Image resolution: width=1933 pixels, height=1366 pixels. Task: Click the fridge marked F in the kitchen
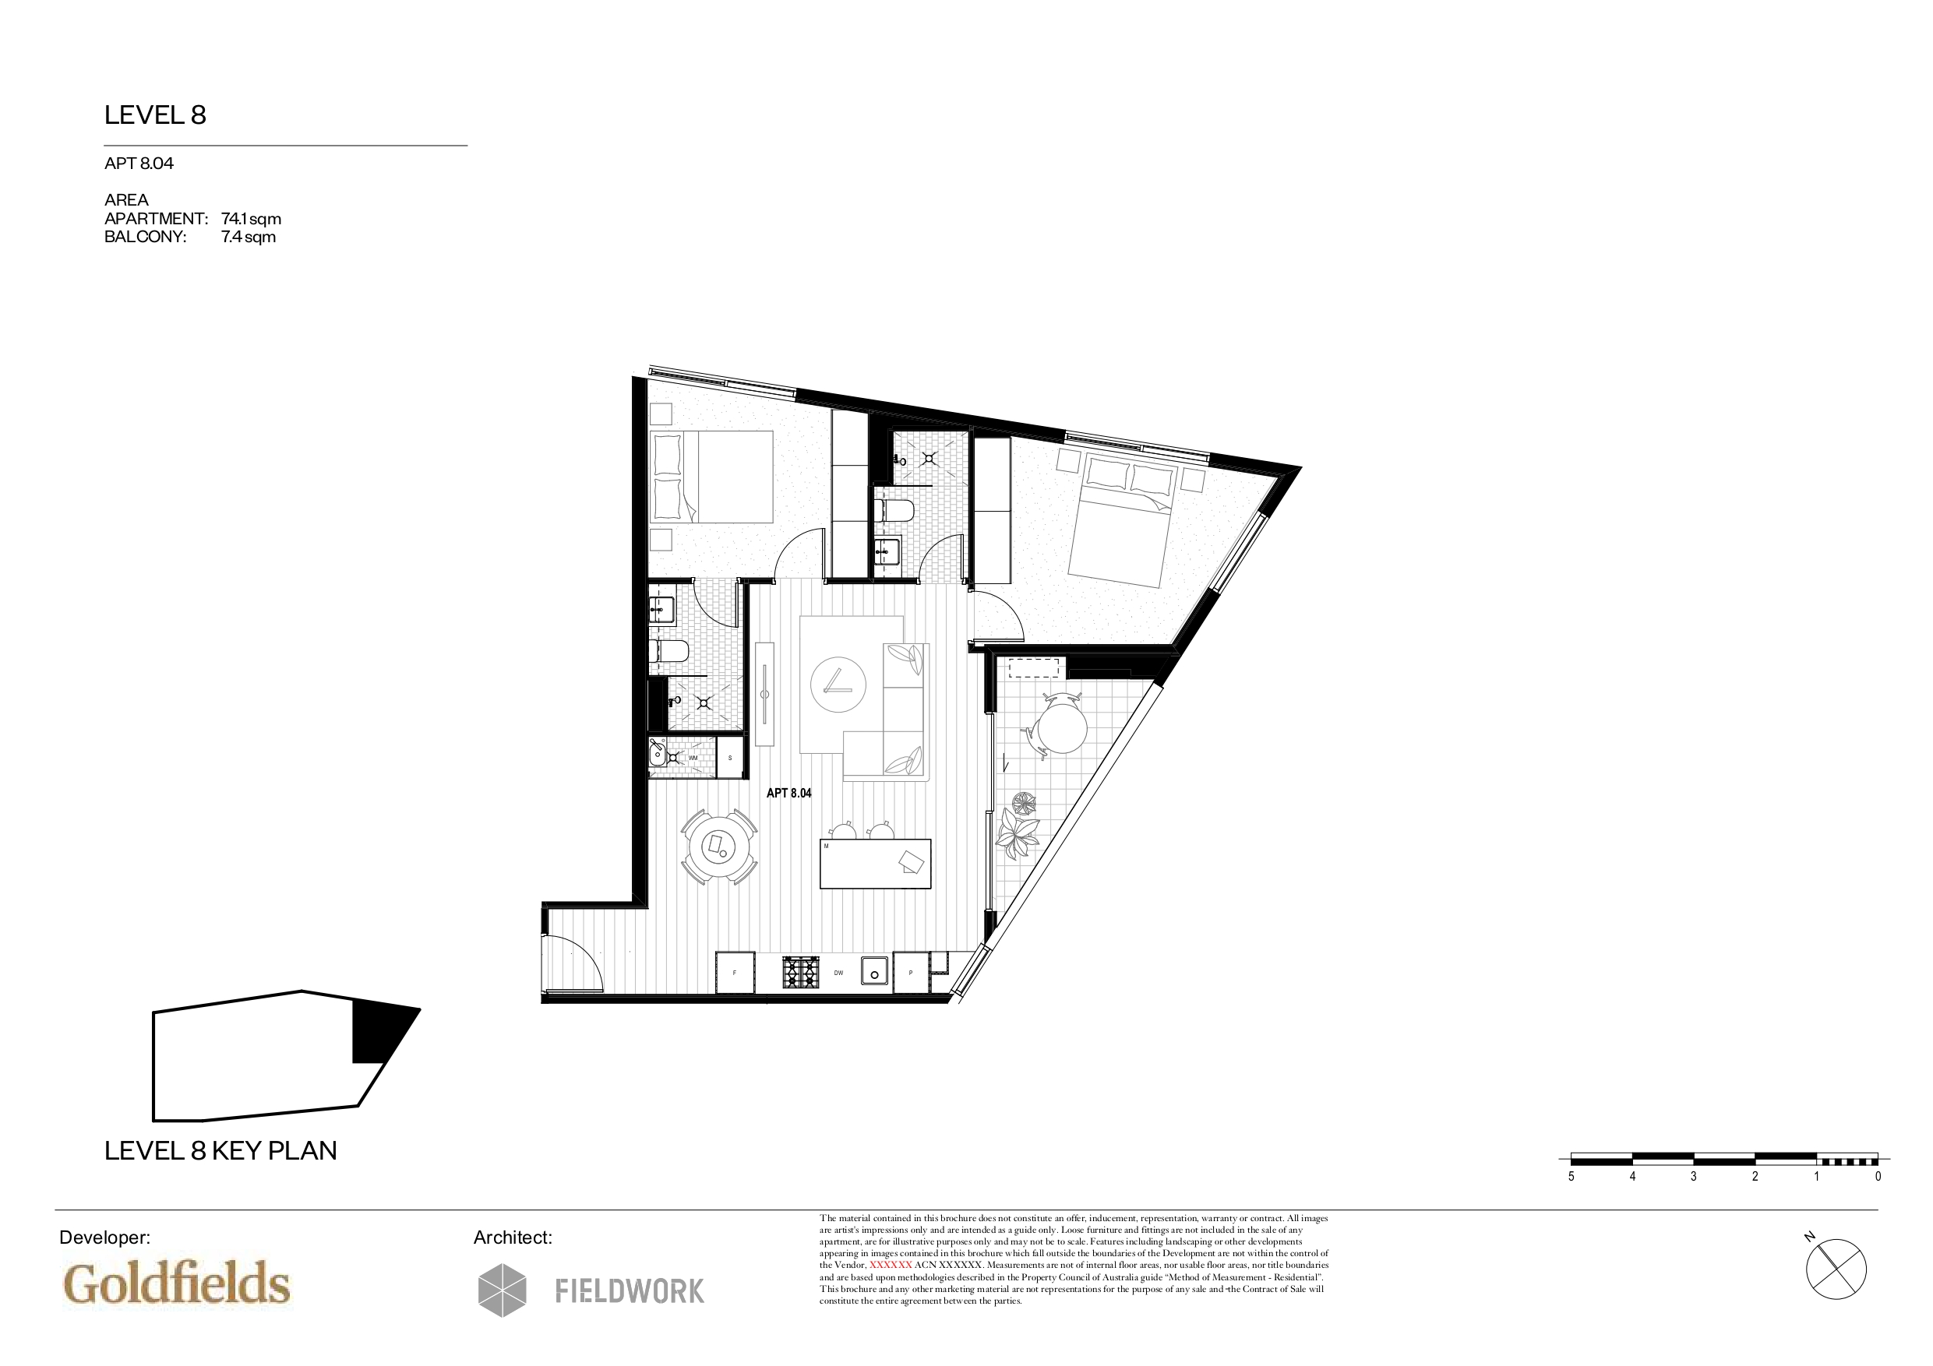tap(735, 973)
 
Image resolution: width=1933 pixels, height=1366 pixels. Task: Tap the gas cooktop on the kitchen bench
tap(801, 972)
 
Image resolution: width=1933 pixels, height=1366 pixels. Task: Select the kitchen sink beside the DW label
tap(875, 970)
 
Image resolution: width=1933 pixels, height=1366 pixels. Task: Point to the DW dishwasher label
tap(838, 973)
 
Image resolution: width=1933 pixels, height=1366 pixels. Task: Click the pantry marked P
tap(911, 973)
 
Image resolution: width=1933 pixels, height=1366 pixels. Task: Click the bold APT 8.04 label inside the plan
tap(788, 793)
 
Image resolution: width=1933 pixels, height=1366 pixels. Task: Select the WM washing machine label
tap(693, 758)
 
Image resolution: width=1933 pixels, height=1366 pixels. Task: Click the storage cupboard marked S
tap(730, 758)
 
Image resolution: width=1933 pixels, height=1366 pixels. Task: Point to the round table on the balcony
tap(1062, 728)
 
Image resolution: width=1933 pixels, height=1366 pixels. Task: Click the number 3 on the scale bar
tap(1694, 1177)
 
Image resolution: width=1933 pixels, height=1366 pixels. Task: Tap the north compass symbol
tap(1836, 1268)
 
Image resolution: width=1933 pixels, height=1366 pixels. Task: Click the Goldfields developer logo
tap(177, 1283)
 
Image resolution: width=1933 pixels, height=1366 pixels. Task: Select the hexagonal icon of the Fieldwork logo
tap(503, 1290)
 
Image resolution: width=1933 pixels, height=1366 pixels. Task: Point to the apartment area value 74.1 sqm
tap(251, 219)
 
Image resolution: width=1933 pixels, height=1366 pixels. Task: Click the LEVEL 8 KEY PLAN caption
tap(220, 1150)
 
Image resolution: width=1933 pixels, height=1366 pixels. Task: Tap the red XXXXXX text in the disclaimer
tap(891, 1265)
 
